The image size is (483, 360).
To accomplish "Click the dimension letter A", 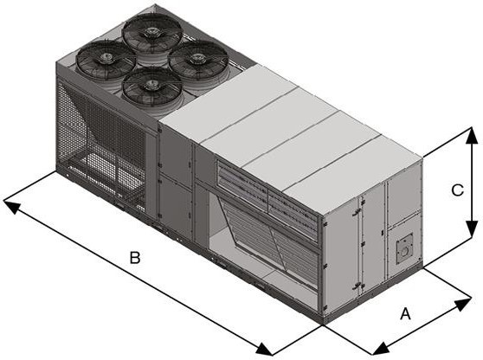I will point(404,315).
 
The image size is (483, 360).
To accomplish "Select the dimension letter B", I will point(134,258).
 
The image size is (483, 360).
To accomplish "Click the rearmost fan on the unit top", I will point(151,33).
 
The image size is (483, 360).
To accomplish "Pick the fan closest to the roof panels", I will point(198,60).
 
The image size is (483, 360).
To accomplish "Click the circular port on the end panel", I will point(402,249).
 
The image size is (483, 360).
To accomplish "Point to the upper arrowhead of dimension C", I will point(472,132).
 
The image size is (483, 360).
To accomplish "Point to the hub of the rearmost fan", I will point(151,31).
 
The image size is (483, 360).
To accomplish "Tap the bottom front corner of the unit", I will point(323,322).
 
